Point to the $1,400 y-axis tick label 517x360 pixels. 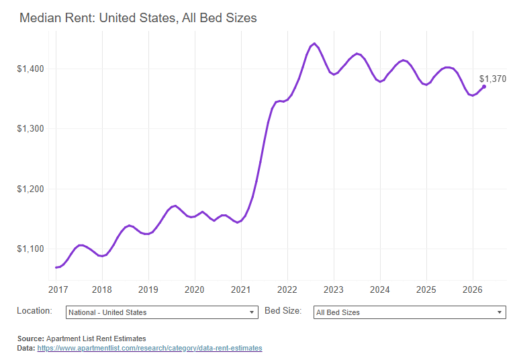(x=30, y=69)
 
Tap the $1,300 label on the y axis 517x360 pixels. (x=30, y=128)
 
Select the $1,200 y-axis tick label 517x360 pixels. (x=30, y=189)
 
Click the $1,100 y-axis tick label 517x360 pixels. (x=30, y=249)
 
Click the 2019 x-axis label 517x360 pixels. (x=148, y=289)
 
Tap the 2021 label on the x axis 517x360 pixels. (x=241, y=289)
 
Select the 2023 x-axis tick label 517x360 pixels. (x=334, y=289)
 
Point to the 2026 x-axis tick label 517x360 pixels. (x=473, y=289)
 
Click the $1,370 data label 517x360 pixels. (x=493, y=79)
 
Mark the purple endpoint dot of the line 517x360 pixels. (x=484, y=87)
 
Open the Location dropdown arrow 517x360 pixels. (x=252, y=312)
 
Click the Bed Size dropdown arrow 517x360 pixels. (x=500, y=312)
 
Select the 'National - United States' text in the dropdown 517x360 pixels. (x=107, y=312)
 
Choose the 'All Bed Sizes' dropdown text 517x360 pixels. (x=338, y=312)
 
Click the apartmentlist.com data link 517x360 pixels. (x=149, y=349)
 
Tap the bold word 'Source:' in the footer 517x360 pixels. (x=30, y=339)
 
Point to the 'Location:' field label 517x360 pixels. (x=34, y=311)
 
